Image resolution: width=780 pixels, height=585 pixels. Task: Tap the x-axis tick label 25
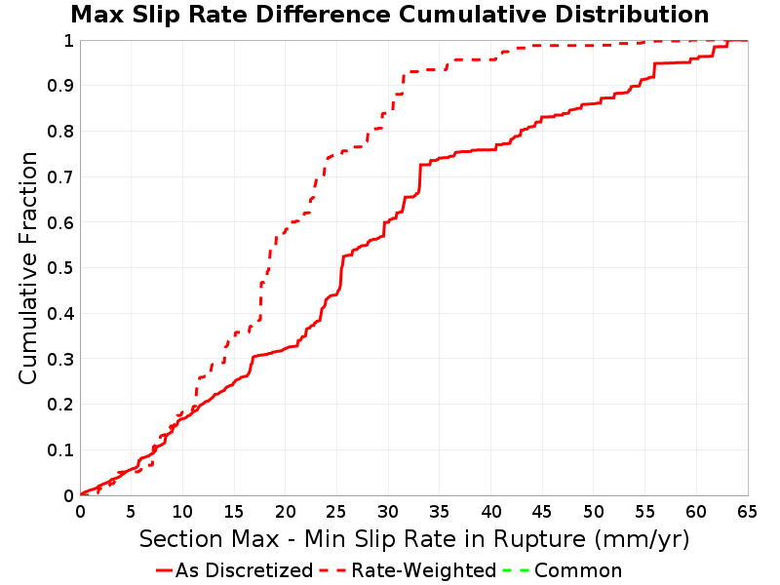[x=336, y=511]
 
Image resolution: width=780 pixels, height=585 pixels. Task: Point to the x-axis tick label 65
[x=747, y=511]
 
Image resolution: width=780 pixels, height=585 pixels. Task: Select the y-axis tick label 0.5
[x=60, y=268]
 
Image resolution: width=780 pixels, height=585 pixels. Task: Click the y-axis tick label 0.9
[x=60, y=86]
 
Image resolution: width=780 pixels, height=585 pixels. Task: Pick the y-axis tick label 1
[x=68, y=41]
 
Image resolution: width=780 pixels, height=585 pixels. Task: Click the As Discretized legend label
[x=245, y=570]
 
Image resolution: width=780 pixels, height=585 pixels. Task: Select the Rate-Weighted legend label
[x=424, y=570]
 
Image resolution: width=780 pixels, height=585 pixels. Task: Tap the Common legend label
[x=578, y=570]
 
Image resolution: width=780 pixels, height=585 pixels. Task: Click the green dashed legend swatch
[x=516, y=570]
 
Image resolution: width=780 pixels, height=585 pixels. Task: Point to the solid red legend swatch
[x=164, y=570]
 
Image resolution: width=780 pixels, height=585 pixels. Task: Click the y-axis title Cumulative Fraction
[x=28, y=268]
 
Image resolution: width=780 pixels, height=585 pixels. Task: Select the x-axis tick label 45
[x=542, y=511]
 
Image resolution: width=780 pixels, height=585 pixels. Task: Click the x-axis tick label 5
[x=131, y=511]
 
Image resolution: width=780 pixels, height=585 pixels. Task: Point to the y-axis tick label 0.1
[x=60, y=450]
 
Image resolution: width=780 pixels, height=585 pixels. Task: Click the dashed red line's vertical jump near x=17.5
[x=260, y=301]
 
